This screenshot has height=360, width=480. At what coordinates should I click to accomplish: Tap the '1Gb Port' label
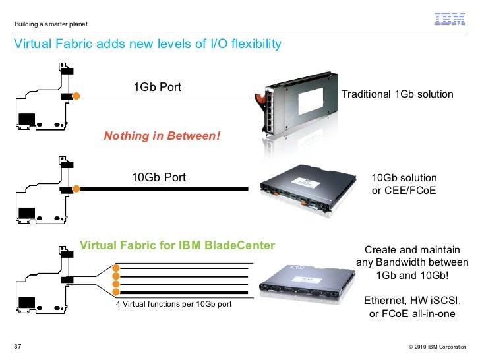157,88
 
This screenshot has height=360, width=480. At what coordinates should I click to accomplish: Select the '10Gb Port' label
158,177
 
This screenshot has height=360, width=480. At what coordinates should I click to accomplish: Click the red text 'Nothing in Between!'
162,136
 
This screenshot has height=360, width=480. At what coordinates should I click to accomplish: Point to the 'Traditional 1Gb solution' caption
398,94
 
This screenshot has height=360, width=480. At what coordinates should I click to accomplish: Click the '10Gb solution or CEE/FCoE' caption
404,185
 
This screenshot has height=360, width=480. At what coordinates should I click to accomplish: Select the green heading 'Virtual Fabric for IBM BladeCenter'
177,246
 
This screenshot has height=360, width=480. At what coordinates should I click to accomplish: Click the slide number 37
18,347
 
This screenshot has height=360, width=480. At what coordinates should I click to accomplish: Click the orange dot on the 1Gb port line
76,96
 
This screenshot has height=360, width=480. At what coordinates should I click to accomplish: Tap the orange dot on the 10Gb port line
76,189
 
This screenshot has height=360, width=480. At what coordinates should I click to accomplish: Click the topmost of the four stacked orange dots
117,268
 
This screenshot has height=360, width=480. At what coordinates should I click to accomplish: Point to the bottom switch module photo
306,282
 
